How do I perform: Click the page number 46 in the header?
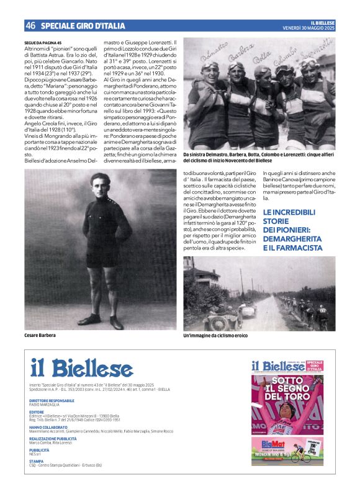(30, 25)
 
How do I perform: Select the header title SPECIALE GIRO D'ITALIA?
(83, 26)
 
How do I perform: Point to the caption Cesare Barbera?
(40, 336)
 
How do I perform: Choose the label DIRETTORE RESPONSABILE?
(52, 400)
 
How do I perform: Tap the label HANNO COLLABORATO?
(48, 427)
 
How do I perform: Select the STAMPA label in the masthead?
(36, 461)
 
